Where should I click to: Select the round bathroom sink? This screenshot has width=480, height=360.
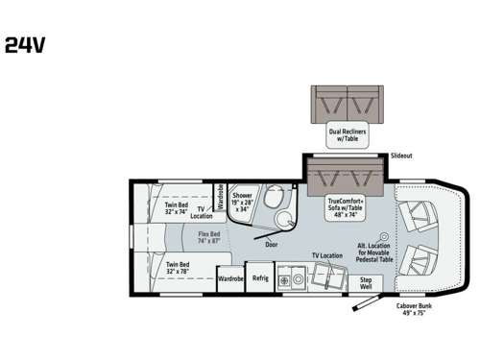coord(284,223)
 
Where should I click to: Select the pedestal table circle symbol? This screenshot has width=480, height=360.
coord(383,236)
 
